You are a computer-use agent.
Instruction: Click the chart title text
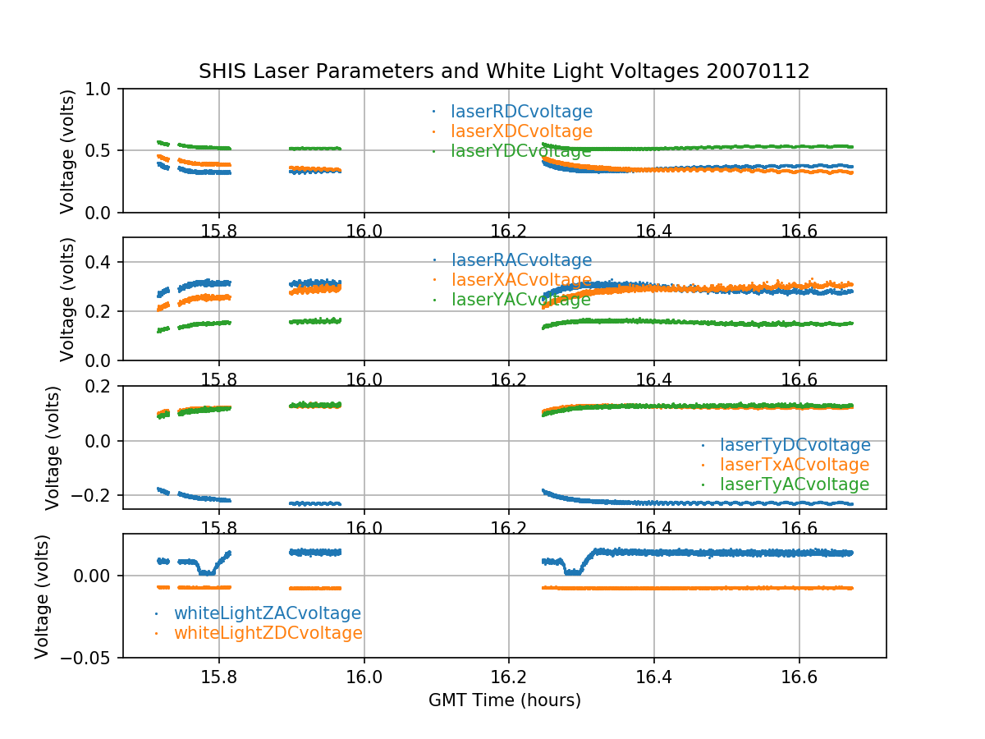click(x=504, y=71)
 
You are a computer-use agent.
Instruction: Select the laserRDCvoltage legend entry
click(x=521, y=112)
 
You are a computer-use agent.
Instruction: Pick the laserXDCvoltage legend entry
click(x=521, y=131)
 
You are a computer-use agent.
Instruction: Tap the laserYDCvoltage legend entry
click(x=521, y=151)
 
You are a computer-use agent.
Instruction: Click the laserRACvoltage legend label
click(x=521, y=260)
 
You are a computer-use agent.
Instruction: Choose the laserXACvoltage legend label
click(x=521, y=280)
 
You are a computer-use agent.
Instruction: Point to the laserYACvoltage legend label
click(x=521, y=300)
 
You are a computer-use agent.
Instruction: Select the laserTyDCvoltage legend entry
click(x=795, y=445)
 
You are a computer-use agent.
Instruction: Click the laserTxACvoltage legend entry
click(x=794, y=465)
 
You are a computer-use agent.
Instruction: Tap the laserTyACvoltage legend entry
click(x=794, y=484)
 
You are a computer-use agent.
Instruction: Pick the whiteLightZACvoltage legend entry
click(x=268, y=613)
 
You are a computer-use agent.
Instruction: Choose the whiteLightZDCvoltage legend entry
click(x=268, y=633)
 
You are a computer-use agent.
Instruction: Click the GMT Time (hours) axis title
click(x=504, y=700)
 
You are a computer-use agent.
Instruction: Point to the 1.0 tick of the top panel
click(x=103, y=89)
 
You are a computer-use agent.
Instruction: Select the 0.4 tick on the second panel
click(x=103, y=263)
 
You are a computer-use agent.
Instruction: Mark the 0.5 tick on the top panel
click(x=103, y=150)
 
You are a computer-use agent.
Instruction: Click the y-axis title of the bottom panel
click(x=43, y=596)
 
